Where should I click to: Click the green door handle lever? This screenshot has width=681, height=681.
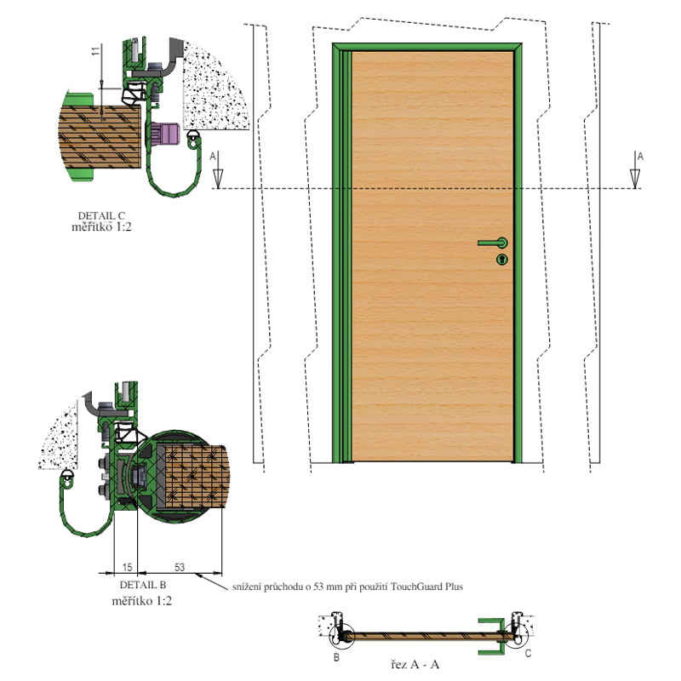click(x=493, y=243)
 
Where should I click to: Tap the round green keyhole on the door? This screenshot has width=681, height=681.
click(x=502, y=260)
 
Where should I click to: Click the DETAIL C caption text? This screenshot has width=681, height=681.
click(x=101, y=215)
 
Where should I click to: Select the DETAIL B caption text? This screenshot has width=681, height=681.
click(x=143, y=585)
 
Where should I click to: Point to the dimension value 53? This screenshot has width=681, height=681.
click(x=180, y=567)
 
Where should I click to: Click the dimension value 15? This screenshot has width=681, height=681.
click(x=127, y=567)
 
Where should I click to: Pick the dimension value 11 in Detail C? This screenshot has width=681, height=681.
click(x=95, y=51)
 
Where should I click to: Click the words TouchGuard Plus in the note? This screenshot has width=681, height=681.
click(x=427, y=587)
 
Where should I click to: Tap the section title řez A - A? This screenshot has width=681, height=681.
click(x=415, y=664)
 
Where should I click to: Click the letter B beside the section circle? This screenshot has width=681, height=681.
click(x=336, y=657)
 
